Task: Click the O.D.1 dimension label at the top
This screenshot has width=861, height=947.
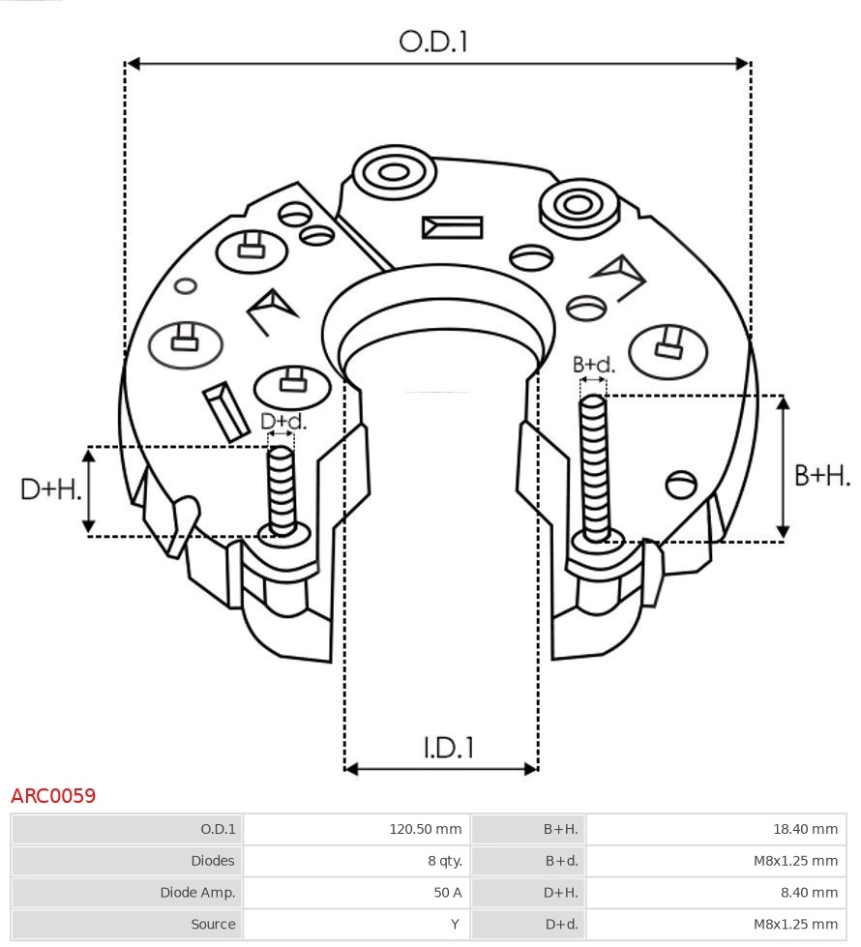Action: click(x=433, y=42)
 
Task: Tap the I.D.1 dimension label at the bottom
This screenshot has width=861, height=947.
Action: click(x=448, y=748)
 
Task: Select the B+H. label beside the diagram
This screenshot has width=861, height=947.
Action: click(x=822, y=475)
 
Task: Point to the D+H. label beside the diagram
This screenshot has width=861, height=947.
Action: click(x=50, y=489)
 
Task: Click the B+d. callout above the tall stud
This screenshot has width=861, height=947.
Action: click(x=593, y=365)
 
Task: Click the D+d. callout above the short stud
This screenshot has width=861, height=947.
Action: click(x=282, y=422)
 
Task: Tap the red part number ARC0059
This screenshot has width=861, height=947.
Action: click(x=53, y=796)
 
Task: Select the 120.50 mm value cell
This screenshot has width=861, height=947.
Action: click(x=425, y=829)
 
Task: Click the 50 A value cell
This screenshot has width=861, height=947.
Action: click(x=447, y=893)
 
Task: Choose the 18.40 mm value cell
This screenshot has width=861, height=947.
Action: click(x=805, y=829)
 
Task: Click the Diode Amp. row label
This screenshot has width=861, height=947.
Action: click(x=197, y=893)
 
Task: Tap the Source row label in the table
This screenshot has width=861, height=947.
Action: click(x=213, y=925)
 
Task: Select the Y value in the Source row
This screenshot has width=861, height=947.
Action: click(x=455, y=925)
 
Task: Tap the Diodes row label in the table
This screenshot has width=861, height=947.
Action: click(x=213, y=861)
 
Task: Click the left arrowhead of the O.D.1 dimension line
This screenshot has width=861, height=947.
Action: click(x=134, y=64)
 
